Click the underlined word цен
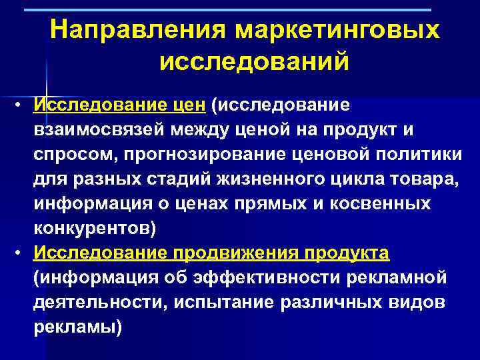189,105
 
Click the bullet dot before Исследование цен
21,105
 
